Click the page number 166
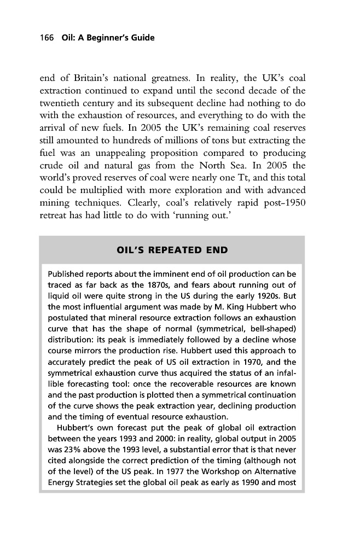(45, 38)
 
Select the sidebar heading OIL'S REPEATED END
(172, 250)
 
